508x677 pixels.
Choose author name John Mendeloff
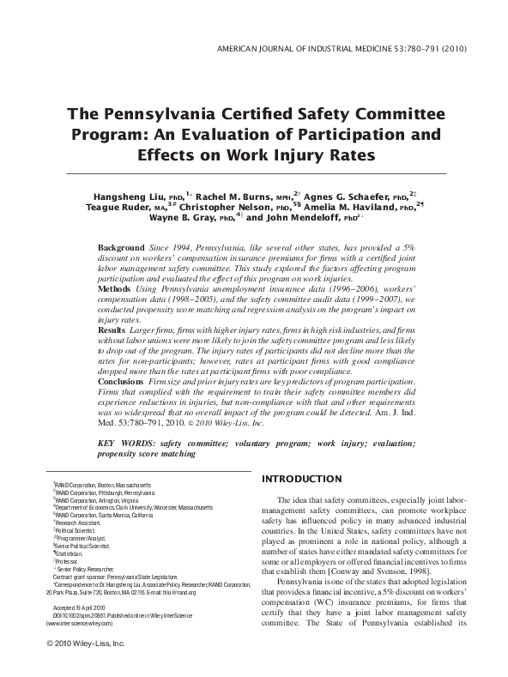point(282,217)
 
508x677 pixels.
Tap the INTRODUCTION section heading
point(301,477)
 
